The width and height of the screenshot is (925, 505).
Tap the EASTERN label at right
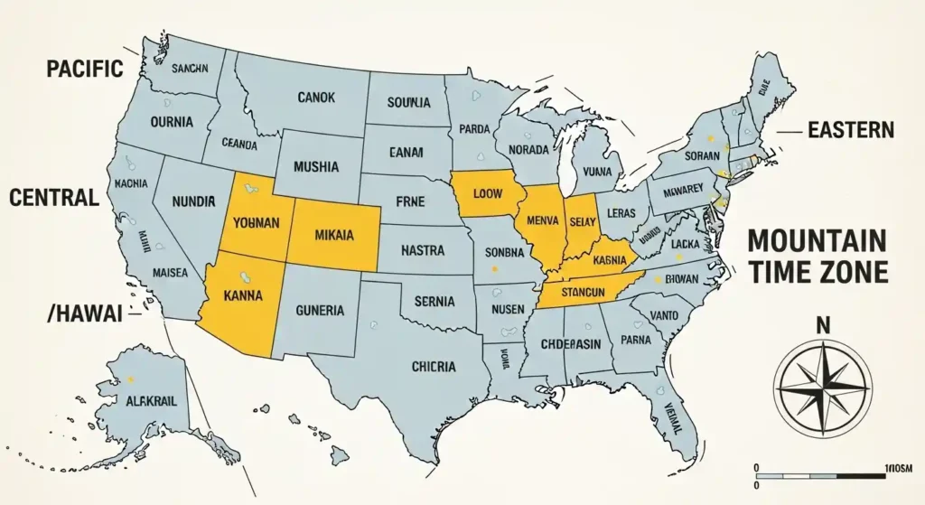[850, 131]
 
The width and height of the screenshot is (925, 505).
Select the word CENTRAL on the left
[53, 197]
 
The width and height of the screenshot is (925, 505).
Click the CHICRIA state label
[434, 367]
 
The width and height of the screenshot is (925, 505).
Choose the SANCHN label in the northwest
[190, 68]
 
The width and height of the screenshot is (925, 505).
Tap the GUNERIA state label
[319, 311]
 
